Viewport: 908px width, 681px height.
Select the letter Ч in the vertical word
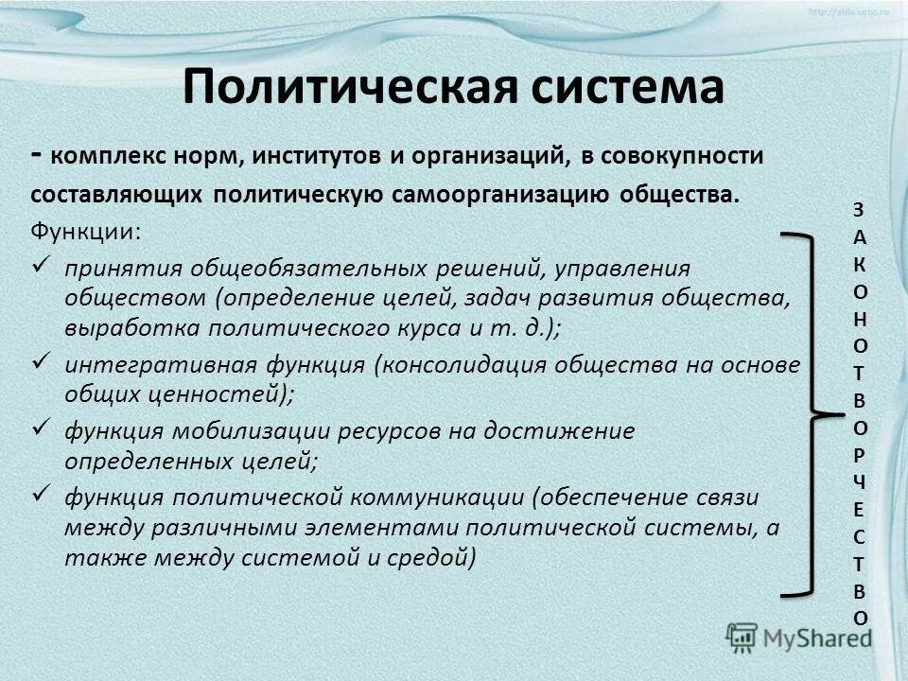(x=859, y=482)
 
